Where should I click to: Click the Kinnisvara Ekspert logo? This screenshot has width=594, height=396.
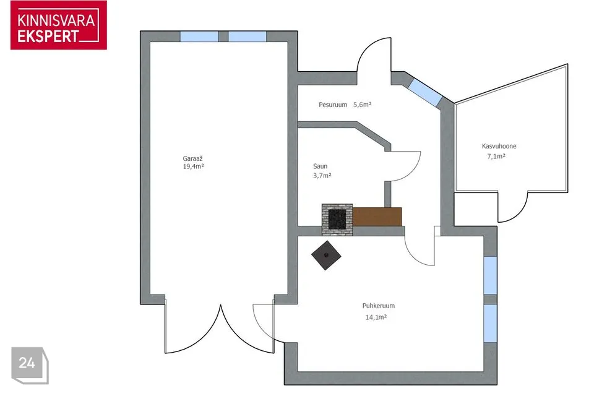(x=59, y=25)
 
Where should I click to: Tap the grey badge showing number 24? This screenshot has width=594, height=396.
(x=30, y=365)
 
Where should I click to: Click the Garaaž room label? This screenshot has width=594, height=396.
(x=193, y=159)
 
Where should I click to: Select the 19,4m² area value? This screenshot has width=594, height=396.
(x=194, y=166)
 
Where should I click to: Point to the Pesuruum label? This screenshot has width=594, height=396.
(x=333, y=105)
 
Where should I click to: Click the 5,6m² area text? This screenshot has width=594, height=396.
(x=362, y=105)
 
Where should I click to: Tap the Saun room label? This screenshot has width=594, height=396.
(x=320, y=166)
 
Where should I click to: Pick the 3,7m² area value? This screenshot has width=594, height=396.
(x=322, y=176)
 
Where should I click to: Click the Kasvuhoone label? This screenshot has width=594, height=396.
(x=499, y=146)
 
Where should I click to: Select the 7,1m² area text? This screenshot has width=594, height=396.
(x=496, y=156)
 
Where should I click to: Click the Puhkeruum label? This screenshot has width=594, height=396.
(x=379, y=306)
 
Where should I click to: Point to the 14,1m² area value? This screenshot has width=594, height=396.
(x=376, y=317)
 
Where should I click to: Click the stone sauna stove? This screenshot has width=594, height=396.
(x=337, y=220)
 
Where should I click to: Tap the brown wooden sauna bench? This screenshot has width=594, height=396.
(x=377, y=217)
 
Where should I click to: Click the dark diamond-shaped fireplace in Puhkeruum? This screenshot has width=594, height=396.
(x=326, y=256)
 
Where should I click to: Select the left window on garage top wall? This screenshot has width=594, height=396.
(x=199, y=37)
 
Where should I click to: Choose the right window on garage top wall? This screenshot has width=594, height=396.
(x=247, y=37)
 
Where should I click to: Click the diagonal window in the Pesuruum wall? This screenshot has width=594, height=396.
(x=424, y=92)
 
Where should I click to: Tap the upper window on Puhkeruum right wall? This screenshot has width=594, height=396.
(x=490, y=275)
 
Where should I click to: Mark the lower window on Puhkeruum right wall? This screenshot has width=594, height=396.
(x=490, y=323)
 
